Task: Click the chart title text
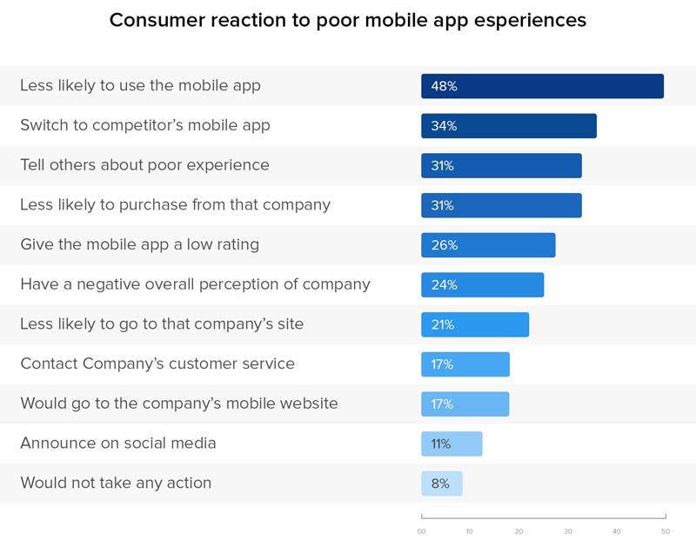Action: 347,20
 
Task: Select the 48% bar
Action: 542,86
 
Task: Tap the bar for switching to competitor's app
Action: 509,126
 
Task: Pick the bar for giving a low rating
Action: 488,245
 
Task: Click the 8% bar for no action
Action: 442,483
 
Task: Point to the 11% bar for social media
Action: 452,443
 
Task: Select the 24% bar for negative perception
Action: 482,284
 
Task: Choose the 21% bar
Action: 475,324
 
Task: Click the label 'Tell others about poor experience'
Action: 144,164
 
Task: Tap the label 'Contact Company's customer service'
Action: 157,363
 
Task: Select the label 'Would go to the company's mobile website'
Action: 179,403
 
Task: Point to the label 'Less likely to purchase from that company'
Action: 175,205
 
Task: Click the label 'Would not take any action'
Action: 116,483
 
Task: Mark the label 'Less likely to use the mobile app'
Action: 140,85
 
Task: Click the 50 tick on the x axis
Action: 666,531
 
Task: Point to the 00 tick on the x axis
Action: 422,531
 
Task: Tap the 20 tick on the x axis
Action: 519,531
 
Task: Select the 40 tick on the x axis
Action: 617,531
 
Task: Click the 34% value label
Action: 444,126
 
